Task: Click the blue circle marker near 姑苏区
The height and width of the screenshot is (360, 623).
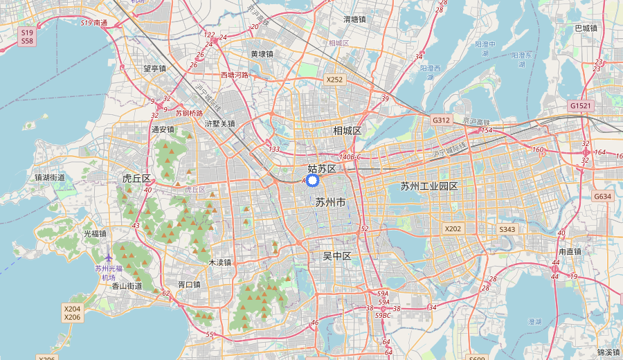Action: click(311, 181)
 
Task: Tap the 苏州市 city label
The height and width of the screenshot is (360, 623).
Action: click(330, 203)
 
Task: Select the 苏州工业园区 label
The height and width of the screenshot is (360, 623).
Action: click(429, 186)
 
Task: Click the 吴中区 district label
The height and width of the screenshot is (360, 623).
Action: click(337, 256)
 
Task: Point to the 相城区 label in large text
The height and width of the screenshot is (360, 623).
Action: click(347, 131)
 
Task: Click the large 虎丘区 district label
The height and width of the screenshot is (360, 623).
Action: click(136, 179)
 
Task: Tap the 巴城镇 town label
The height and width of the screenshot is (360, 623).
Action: click(586, 28)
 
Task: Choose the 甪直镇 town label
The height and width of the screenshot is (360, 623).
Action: click(570, 252)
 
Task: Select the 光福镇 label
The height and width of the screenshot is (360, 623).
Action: click(95, 234)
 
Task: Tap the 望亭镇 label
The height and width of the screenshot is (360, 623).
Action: click(154, 69)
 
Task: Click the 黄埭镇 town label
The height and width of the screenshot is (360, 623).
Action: click(262, 54)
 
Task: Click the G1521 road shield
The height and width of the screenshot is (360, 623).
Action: click(581, 106)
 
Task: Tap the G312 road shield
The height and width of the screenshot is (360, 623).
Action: click(442, 120)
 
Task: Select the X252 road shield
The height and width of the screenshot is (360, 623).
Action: click(335, 80)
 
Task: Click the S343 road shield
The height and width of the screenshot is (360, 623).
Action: click(507, 229)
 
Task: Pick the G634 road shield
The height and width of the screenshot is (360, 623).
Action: click(602, 197)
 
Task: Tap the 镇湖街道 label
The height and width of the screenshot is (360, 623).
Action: click(50, 177)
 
